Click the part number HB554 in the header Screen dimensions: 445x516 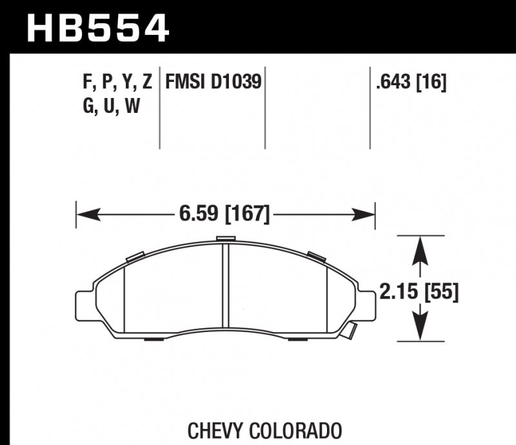click(x=97, y=28)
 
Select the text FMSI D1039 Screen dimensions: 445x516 click(x=213, y=83)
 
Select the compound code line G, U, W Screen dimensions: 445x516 click(x=111, y=107)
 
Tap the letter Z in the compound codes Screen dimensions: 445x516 click(x=147, y=83)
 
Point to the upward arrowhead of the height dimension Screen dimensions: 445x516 click(x=421, y=245)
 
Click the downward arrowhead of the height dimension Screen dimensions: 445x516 click(x=421, y=331)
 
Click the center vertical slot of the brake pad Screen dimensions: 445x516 click(x=226, y=287)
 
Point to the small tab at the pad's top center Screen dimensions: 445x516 click(x=225, y=240)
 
